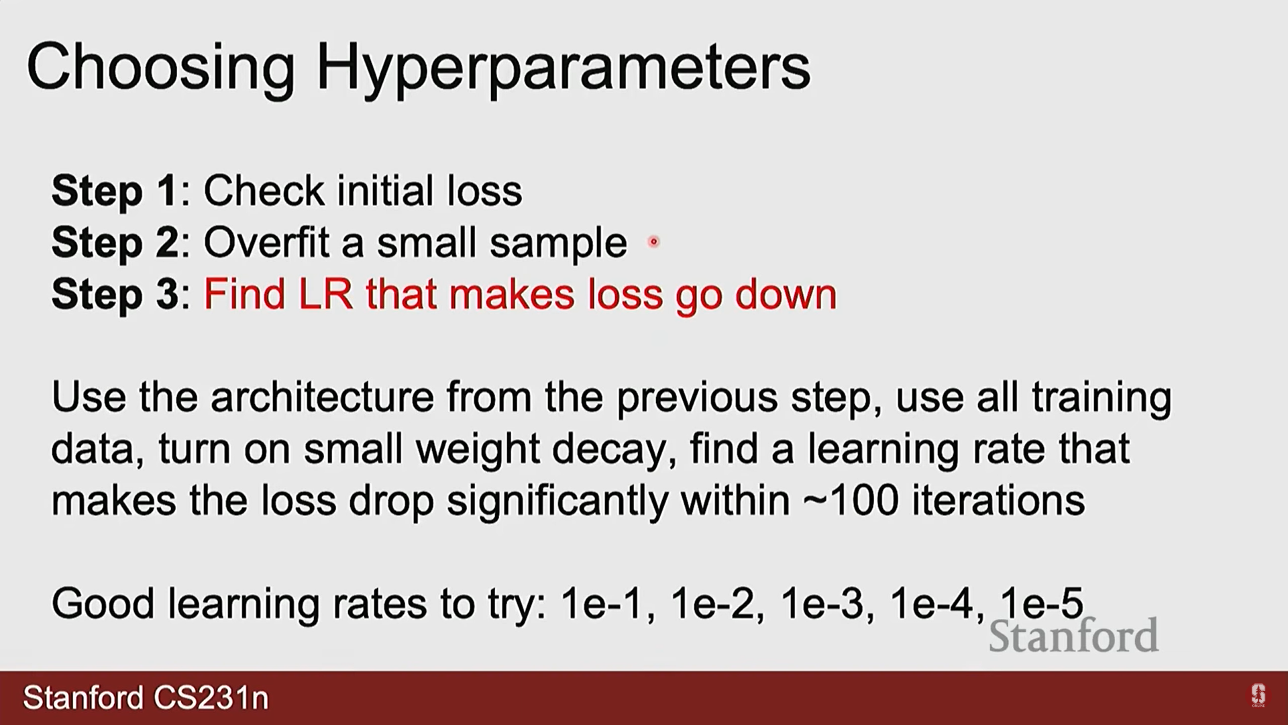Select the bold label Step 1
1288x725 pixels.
tap(115, 191)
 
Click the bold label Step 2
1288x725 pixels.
tap(115, 242)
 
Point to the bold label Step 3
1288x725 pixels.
tap(115, 294)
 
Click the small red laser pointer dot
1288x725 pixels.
tap(653, 242)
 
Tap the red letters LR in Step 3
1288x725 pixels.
tap(326, 294)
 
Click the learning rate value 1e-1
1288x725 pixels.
tap(602, 603)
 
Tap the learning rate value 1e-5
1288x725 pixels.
tap(1042, 603)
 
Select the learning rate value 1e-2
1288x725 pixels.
tap(712, 603)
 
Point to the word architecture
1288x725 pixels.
tap(322, 397)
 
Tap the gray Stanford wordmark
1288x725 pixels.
tap(1074, 636)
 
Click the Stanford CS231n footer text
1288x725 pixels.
tap(146, 698)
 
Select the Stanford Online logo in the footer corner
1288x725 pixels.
tap(1258, 695)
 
